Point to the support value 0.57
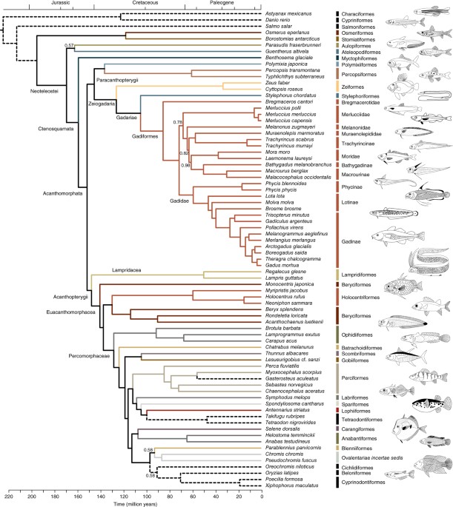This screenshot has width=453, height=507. point(69,45)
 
